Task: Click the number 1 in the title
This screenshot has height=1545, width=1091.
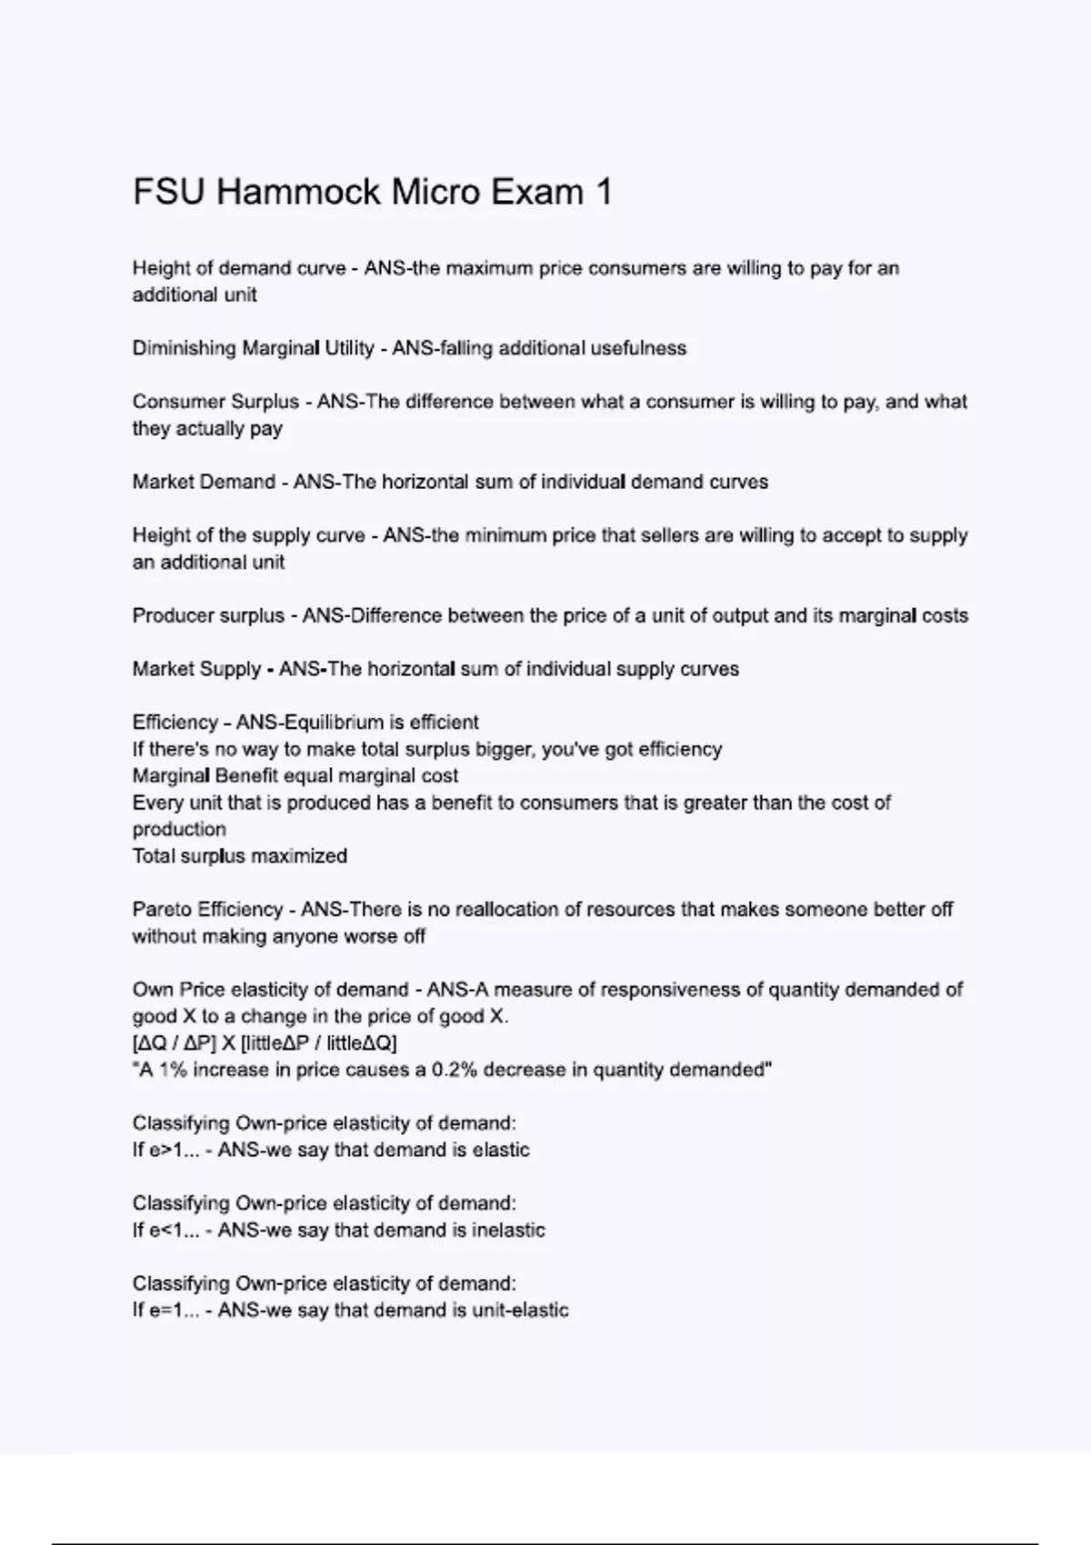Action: [603, 193]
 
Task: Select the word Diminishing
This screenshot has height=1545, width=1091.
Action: [185, 348]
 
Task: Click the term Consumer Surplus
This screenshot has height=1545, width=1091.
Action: [215, 402]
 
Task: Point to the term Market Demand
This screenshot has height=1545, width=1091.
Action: [204, 482]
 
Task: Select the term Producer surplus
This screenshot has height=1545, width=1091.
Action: [208, 615]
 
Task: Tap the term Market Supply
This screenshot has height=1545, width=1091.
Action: [196, 669]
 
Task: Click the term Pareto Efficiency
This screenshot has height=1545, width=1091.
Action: [207, 910]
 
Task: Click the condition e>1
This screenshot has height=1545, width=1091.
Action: [160, 1151]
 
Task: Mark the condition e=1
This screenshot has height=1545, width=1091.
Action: [160, 1311]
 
